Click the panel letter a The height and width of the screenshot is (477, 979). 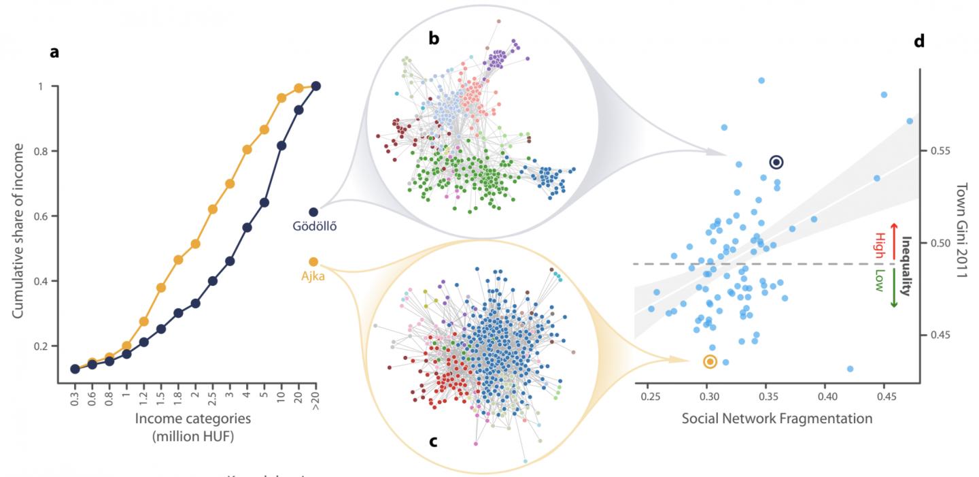click(54, 52)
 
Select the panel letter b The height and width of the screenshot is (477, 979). click(434, 39)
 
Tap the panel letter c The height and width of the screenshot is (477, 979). click(432, 440)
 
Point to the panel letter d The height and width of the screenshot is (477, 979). click(919, 42)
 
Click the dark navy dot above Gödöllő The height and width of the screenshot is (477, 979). click(313, 212)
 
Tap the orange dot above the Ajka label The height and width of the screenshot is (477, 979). click(313, 262)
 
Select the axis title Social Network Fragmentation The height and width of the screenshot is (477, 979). click(777, 418)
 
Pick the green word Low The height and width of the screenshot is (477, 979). click(879, 280)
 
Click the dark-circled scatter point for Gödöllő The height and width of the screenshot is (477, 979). click(776, 162)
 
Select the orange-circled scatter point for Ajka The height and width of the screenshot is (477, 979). click(710, 361)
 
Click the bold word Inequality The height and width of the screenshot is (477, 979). click(905, 265)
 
